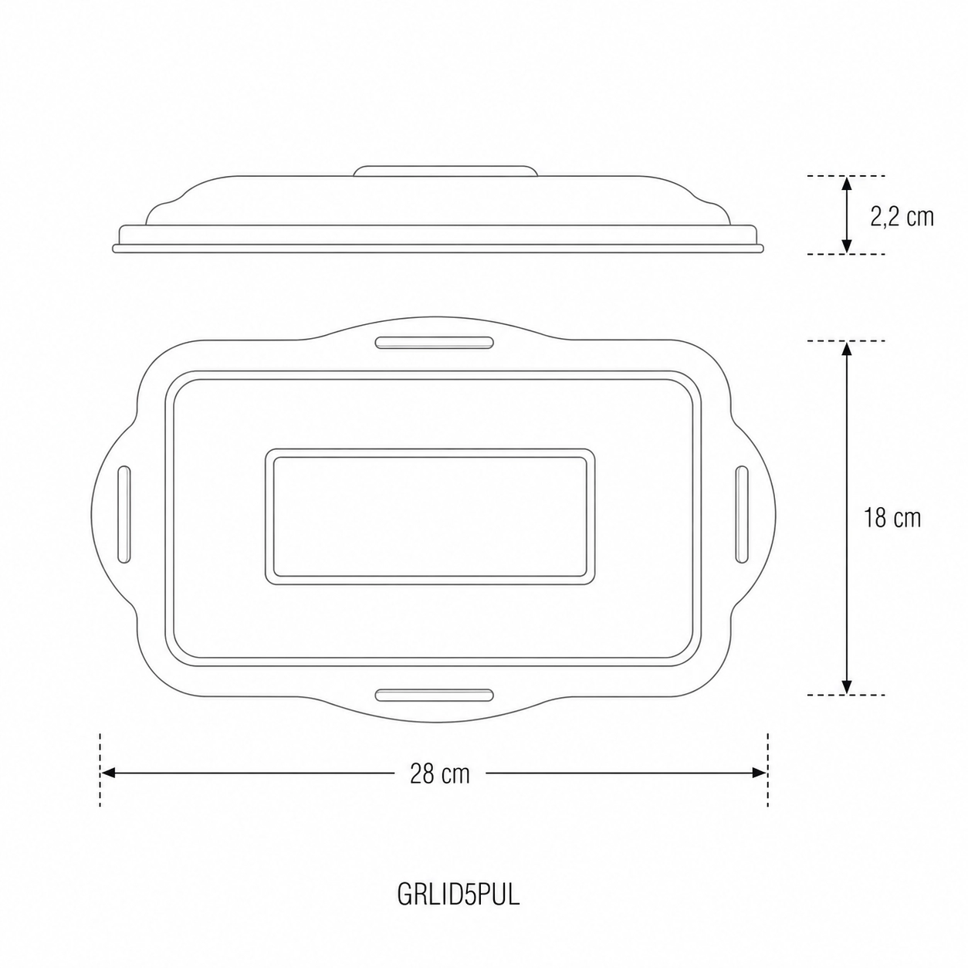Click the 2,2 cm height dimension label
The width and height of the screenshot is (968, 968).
point(902,217)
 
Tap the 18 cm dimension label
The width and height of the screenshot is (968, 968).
point(892,518)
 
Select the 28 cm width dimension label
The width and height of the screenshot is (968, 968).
point(439,773)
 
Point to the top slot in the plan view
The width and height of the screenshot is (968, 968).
point(434,343)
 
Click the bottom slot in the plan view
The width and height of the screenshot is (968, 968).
point(434,696)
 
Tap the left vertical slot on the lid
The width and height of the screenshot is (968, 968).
point(124,514)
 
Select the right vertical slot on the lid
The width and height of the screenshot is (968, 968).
point(742,514)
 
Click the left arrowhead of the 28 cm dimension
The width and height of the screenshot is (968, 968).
point(107,773)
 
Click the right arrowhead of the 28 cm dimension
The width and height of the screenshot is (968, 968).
point(760,773)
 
